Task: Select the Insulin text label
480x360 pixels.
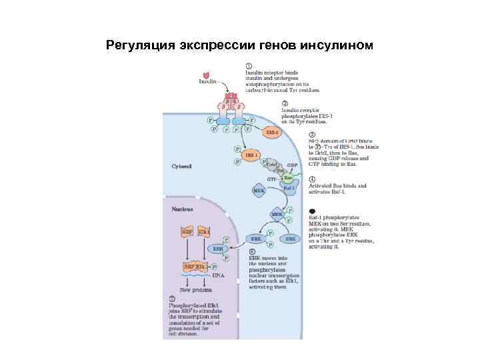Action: coord(209,82)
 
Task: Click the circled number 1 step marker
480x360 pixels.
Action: coord(248,67)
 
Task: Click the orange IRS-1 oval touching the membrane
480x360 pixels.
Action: coord(271,133)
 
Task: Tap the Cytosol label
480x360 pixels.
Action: coord(181,166)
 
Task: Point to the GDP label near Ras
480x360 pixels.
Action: coord(291,165)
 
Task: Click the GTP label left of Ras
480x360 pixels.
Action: coord(271,179)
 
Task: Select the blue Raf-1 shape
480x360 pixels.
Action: coord(289,189)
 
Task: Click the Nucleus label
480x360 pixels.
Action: coord(182,209)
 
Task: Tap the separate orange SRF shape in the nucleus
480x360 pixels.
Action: coord(187,232)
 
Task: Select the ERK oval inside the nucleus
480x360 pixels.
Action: coord(216,249)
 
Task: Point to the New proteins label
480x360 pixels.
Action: coord(197,290)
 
